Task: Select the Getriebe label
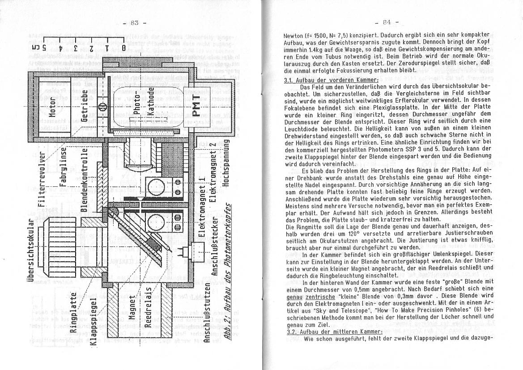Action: pyautogui.click(x=85, y=106)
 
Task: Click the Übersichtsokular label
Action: pyautogui.click(x=30, y=251)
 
